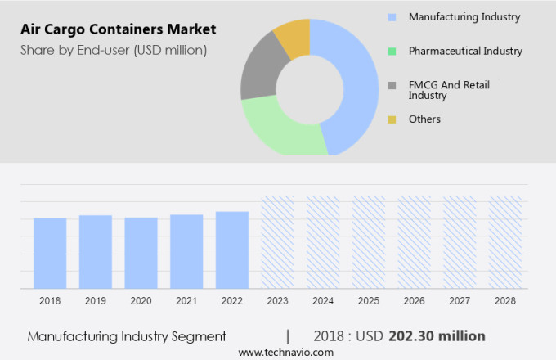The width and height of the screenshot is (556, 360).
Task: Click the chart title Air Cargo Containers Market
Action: tap(118, 29)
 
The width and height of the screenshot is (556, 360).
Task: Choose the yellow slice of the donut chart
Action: tap(293, 36)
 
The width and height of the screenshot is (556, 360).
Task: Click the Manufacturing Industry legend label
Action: tap(464, 16)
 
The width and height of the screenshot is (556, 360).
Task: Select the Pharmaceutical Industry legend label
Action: tap(465, 51)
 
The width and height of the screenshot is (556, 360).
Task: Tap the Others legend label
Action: tap(424, 119)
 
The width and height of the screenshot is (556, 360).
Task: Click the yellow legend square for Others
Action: tap(392, 119)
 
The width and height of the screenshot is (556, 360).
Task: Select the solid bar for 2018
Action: tap(50, 253)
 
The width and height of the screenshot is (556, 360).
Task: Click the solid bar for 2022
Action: tap(232, 250)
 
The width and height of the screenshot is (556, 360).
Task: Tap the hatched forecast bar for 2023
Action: tap(277, 242)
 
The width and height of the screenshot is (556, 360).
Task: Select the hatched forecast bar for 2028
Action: tap(505, 242)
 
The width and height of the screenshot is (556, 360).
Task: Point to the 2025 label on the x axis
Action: tap(368, 301)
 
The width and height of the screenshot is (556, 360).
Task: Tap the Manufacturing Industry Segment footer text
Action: tap(126, 336)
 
